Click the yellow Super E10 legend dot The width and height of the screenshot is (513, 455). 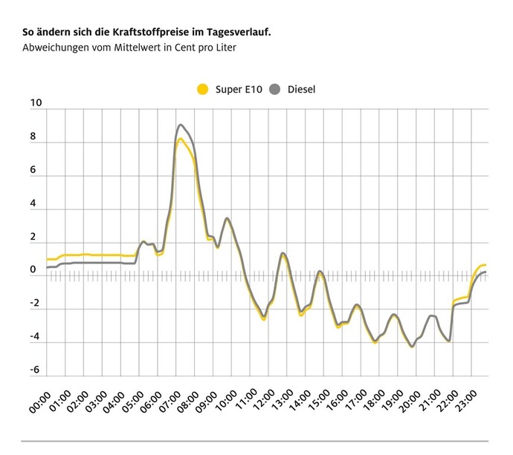coord(202,90)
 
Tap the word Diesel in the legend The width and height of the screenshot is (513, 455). coord(301,90)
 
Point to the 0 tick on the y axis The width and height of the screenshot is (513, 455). coord(33,270)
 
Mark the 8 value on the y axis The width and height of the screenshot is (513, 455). coord(33,137)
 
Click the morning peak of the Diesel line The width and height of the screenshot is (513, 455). coord(181,125)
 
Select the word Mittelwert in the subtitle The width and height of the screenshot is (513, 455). coord(132,48)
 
